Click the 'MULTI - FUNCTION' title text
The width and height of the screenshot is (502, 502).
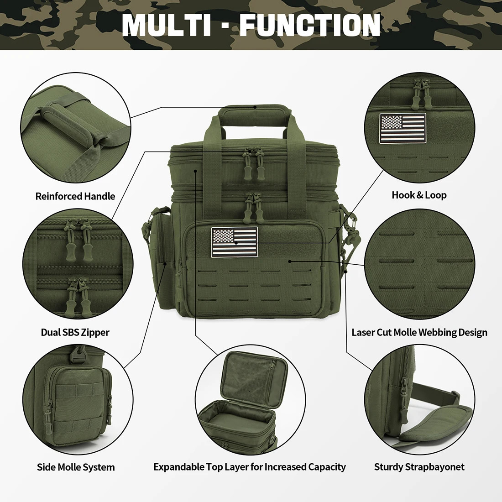[x=251, y=25]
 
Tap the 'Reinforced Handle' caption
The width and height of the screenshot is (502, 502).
[x=75, y=196]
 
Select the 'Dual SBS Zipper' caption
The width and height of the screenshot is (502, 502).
[x=75, y=332]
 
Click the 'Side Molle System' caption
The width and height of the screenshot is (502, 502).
[x=76, y=467]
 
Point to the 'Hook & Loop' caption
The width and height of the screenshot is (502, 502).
[x=419, y=195]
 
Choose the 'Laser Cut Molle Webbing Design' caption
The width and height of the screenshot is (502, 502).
[x=419, y=332]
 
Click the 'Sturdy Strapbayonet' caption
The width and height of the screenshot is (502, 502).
[x=419, y=467]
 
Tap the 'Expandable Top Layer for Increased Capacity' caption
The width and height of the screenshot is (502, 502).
[x=250, y=467]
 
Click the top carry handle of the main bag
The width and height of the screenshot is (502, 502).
[x=254, y=112]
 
